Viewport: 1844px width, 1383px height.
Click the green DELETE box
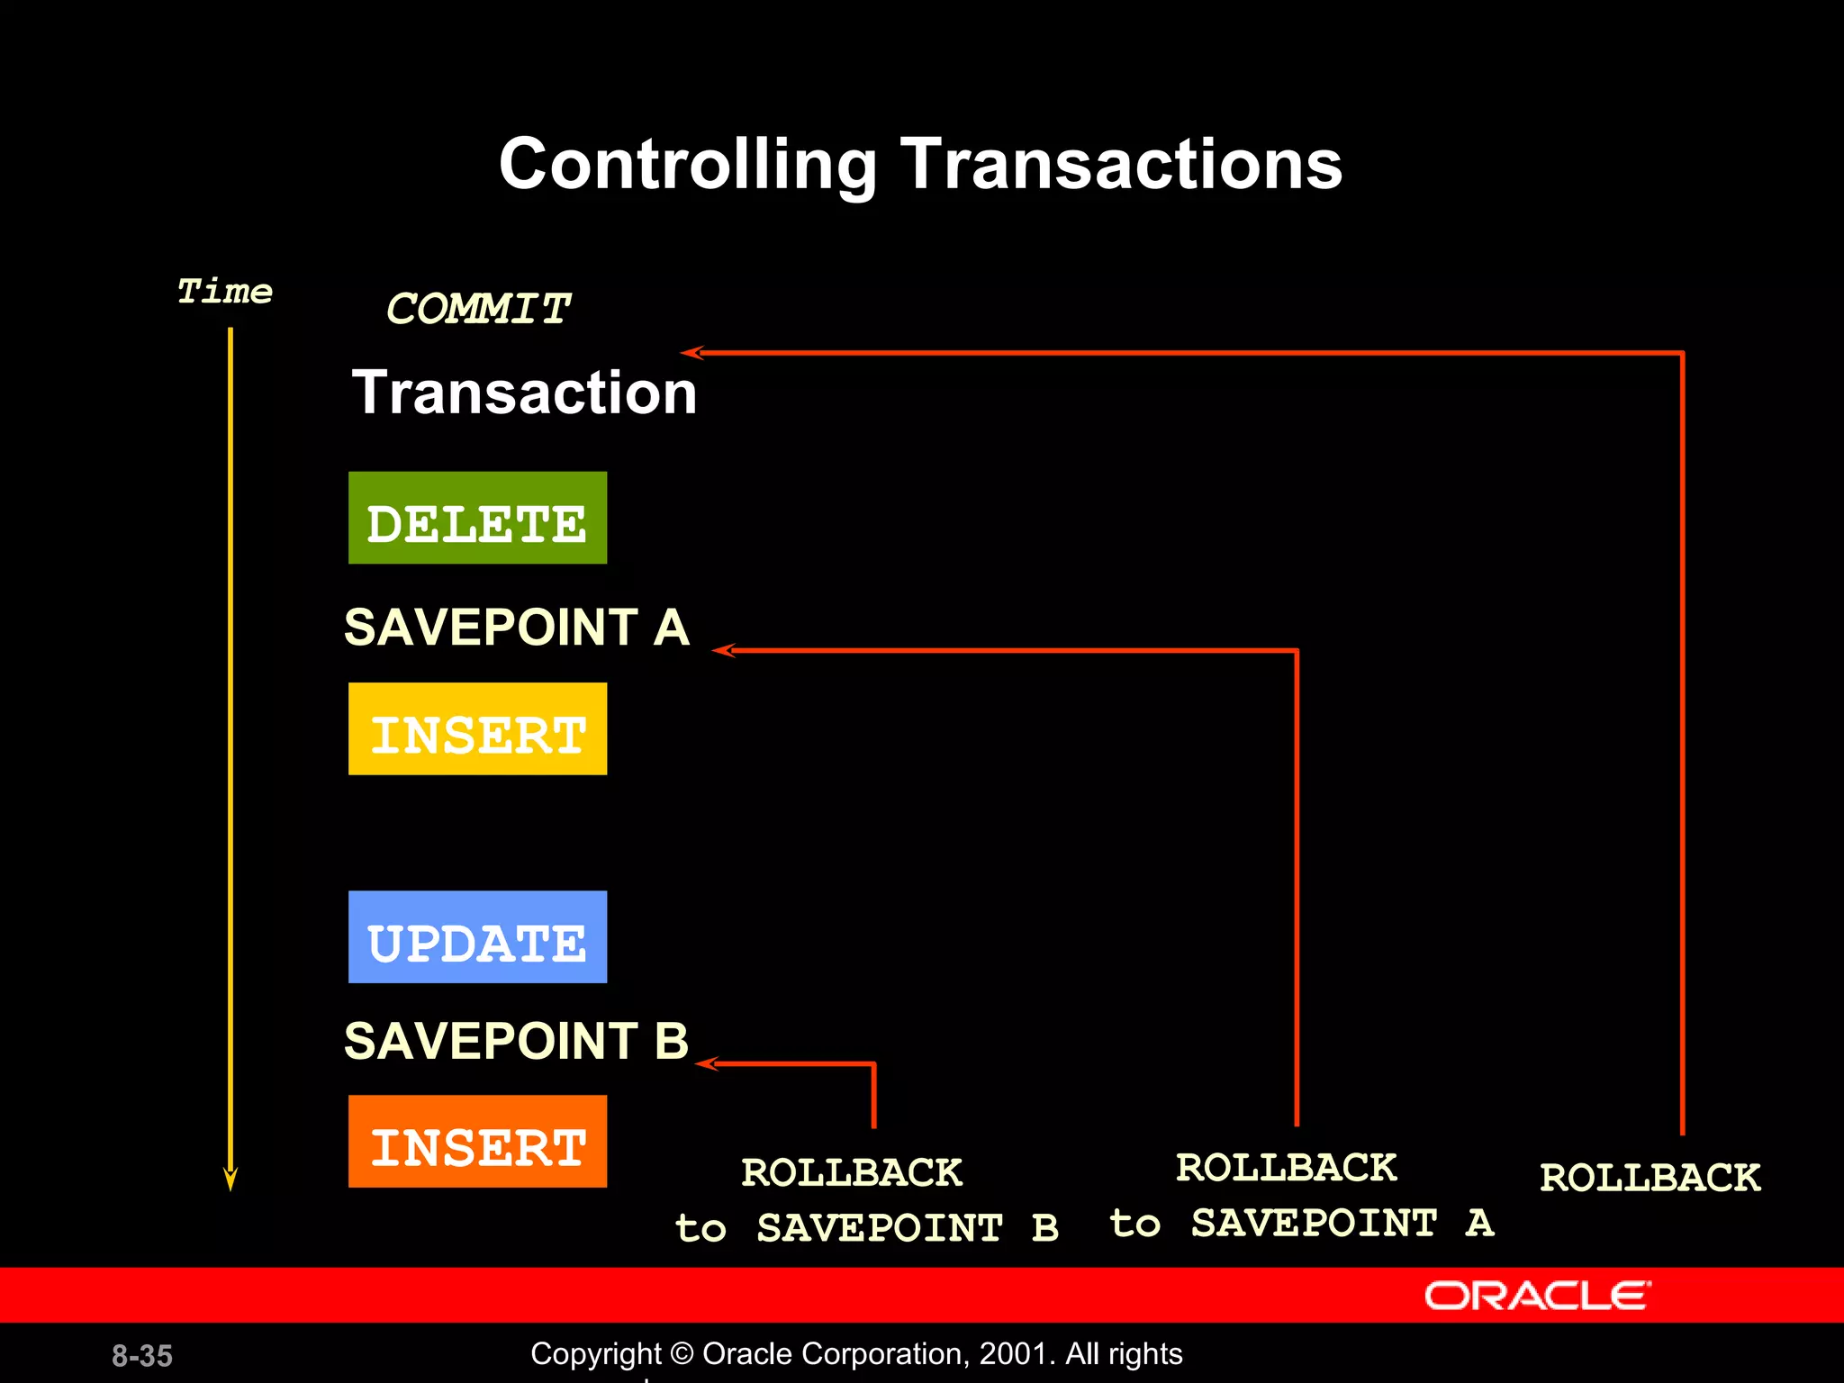pos(477,518)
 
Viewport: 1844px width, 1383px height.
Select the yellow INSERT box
pos(477,728)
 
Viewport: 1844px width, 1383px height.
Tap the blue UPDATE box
pos(477,936)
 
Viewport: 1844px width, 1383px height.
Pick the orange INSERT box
pos(477,1141)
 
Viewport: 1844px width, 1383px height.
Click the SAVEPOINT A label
pos(516,627)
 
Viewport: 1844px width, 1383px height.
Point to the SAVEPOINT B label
pos(516,1041)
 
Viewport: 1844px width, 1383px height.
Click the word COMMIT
pos(477,309)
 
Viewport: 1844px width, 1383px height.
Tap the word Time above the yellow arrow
pos(224,292)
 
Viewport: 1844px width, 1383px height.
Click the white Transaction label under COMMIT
pos(524,393)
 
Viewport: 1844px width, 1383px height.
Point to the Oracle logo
pos(1537,1296)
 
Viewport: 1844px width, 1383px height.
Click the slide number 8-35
pos(142,1355)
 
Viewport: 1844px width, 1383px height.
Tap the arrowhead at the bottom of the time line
pos(230,1180)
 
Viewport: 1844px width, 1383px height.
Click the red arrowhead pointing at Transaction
pos(691,353)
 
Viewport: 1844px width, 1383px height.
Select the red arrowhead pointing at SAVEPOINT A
pos(722,650)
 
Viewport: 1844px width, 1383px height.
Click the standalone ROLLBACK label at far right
pos(1650,1178)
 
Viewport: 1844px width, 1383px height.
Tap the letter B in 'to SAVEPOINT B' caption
pos(1044,1228)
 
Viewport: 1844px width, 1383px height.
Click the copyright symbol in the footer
pos(682,1354)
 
